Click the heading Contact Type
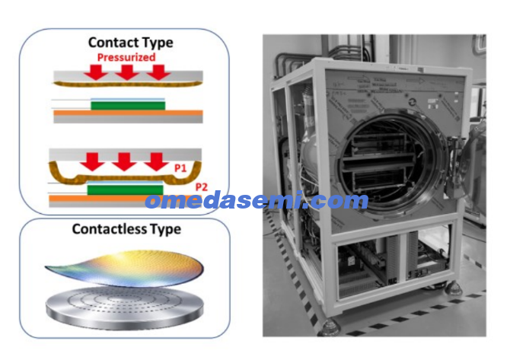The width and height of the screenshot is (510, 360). point(131,43)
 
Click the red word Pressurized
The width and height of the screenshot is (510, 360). point(126,58)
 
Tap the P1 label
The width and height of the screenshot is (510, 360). point(180,168)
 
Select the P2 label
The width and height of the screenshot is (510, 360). point(201,187)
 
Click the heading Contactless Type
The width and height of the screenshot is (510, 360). point(126,229)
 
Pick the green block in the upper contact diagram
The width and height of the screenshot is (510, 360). point(128,106)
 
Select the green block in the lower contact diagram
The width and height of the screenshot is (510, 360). point(126,190)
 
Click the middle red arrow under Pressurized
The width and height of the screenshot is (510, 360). point(127,72)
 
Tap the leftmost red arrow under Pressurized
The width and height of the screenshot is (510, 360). point(96,72)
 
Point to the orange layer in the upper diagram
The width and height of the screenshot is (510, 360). point(128,113)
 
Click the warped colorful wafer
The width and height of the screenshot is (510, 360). point(125,268)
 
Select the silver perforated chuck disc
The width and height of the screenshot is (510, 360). point(125,307)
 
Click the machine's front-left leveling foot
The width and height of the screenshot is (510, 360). point(329,327)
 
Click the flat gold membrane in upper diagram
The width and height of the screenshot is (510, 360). point(128,84)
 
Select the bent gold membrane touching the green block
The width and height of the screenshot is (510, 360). point(126,179)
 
